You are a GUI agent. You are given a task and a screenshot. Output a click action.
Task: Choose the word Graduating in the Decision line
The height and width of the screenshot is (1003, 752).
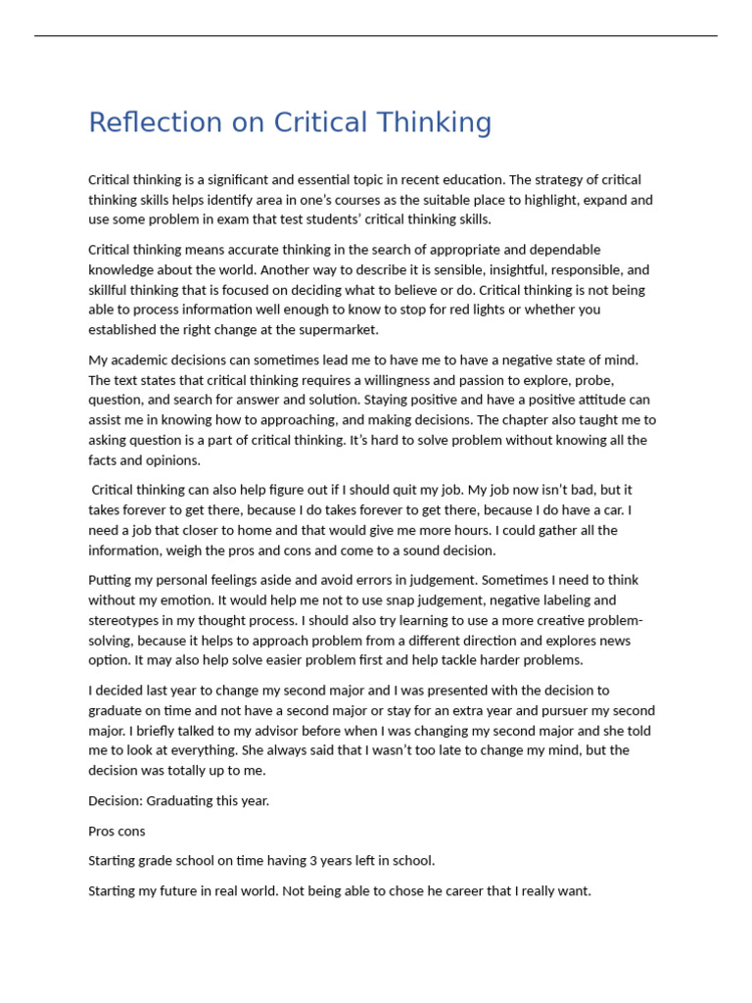coord(192,801)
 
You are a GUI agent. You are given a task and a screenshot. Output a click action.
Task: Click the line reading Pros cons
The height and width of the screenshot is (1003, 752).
coord(117,832)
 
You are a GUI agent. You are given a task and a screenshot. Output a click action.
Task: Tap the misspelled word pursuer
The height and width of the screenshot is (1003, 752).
coord(574,711)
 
